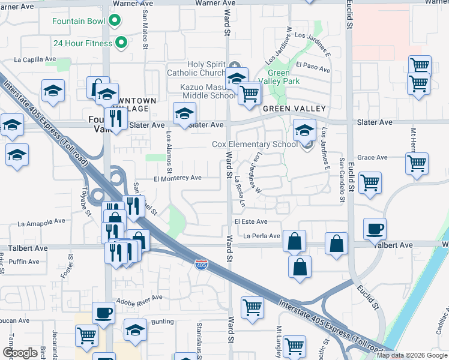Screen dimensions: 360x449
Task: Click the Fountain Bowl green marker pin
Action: click(115, 22)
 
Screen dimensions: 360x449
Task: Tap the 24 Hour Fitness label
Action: click(83, 43)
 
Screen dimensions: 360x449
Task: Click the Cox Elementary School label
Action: click(255, 144)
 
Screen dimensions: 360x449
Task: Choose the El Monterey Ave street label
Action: click(178, 178)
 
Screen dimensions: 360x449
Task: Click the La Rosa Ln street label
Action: click(240, 191)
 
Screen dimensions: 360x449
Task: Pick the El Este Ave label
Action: click(251, 221)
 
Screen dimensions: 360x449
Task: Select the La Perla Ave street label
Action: click(262, 236)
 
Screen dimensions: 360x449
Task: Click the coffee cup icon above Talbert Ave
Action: click(375, 229)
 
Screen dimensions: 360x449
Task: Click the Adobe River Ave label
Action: click(139, 298)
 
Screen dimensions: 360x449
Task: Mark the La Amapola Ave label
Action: click(40, 223)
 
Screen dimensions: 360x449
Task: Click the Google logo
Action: click(20, 353)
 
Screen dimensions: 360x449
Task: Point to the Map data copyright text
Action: click(412, 355)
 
